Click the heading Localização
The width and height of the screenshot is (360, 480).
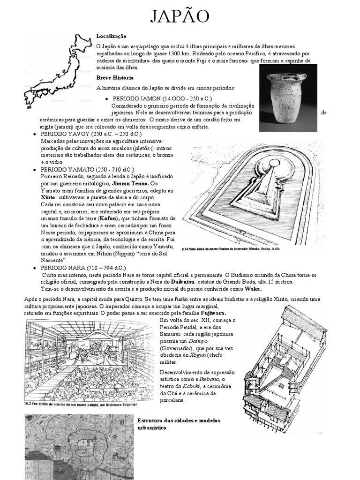pos(111,36)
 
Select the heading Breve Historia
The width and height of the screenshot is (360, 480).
pos(115,77)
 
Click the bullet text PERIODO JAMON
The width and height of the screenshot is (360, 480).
pos(162,98)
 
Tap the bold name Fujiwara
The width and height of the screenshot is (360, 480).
pos(212,313)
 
